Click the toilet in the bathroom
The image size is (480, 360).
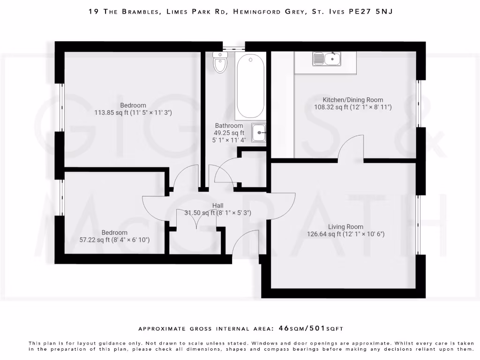[220, 62]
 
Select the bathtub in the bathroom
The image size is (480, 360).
[250, 86]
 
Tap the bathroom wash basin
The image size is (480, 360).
[259, 133]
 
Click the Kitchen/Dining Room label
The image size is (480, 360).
[352, 100]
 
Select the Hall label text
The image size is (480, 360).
[217, 205]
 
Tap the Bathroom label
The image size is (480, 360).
[229, 126]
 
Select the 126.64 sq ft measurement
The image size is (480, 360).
[324, 234]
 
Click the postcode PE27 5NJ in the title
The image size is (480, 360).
[370, 12]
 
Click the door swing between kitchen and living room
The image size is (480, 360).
[351, 148]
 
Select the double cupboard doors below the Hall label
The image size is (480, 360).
[196, 218]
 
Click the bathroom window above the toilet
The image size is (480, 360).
[233, 46]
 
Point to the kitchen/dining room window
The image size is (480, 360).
[420, 103]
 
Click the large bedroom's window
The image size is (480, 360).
[60, 108]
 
